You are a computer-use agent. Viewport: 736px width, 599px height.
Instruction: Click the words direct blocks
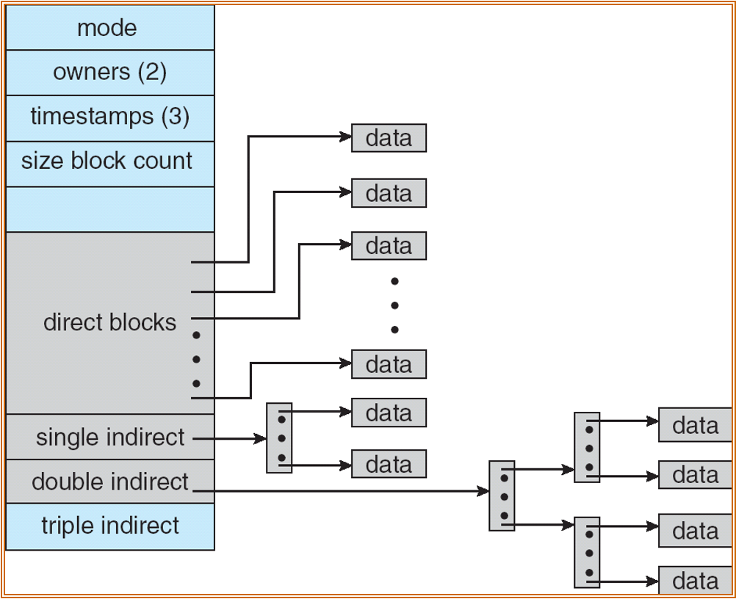pos(110,322)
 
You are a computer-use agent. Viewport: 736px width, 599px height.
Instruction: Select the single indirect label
pos(110,438)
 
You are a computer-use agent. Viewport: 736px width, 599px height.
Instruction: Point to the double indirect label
pos(110,482)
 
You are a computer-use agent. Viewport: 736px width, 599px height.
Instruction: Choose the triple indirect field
pos(110,526)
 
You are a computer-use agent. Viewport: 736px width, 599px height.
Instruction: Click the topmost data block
pos(389,138)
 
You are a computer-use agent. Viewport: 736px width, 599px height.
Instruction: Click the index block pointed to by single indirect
pos(279,438)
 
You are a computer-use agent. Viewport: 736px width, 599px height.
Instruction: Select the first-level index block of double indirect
pos(502,495)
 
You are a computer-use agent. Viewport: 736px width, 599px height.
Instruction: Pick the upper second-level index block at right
pos(587,447)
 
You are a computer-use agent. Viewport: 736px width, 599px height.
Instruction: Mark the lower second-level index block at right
pos(587,552)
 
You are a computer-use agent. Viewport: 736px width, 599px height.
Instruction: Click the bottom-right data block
pos(695,581)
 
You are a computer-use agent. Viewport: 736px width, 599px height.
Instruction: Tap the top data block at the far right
pos(695,426)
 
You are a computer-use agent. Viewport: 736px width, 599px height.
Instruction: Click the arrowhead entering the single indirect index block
pos(261,438)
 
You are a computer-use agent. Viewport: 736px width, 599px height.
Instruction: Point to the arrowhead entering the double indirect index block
pos(483,490)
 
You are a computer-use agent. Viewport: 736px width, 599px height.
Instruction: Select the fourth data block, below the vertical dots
pos(389,364)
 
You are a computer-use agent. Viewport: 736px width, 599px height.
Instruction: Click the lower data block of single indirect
pos(389,465)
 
